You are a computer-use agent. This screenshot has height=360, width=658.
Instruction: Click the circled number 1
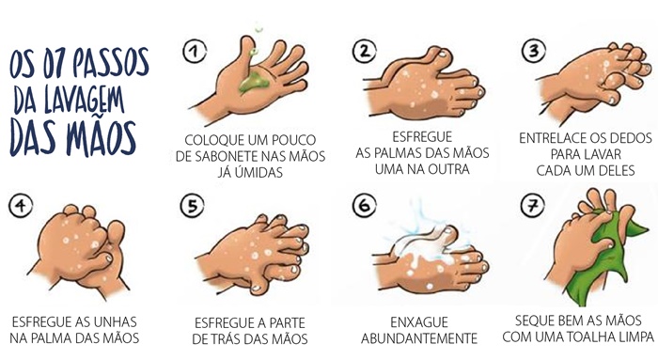pos(195,51)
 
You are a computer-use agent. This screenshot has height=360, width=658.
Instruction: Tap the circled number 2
pos(365,51)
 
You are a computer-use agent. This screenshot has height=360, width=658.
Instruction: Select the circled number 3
pos(533,51)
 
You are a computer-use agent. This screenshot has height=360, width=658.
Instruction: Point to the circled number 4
pos(21,205)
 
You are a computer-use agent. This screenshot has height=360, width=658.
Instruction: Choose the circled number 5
pos(192,206)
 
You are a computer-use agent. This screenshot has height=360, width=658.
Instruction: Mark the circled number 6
pos(364,206)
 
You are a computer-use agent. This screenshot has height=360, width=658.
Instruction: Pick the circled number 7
pos(533,206)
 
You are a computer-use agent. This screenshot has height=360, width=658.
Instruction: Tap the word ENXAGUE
pos(419,322)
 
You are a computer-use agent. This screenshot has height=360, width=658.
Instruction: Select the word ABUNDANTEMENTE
pos(419,338)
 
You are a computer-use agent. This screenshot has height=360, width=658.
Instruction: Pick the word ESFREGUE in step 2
pos(422,137)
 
